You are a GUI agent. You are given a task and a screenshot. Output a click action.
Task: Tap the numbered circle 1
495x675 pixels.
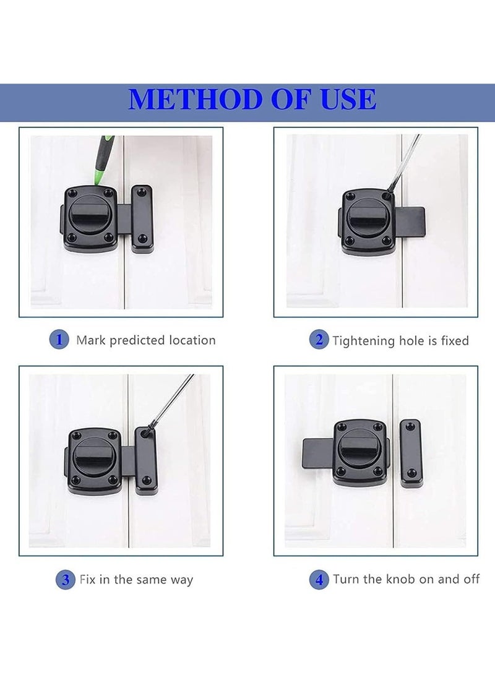click(59, 339)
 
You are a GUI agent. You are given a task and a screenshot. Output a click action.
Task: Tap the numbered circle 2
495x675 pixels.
click(319, 340)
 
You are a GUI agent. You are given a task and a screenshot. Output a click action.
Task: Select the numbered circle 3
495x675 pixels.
click(65, 580)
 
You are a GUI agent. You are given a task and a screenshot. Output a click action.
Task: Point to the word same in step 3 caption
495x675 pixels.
click(155, 580)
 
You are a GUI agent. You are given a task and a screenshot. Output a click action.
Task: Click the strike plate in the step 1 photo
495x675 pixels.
click(142, 217)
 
